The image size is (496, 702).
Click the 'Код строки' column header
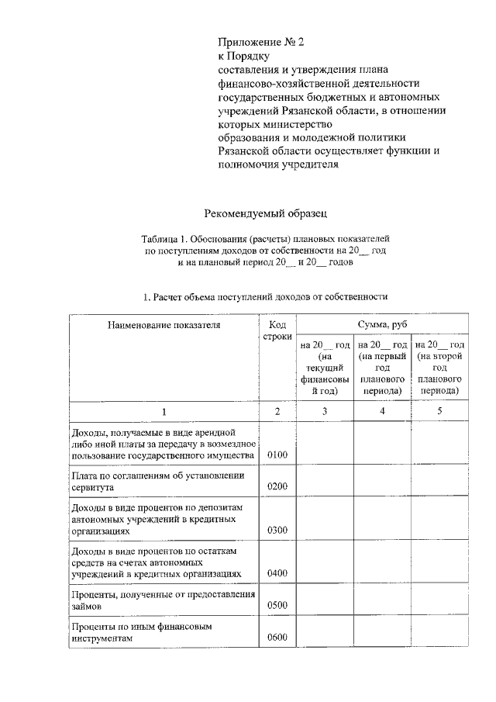(277, 331)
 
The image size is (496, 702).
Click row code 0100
(277, 454)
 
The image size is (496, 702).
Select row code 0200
(277, 486)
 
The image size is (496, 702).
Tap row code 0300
(277, 530)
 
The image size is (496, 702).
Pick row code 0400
(277, 573)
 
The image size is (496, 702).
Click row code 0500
(277, 605)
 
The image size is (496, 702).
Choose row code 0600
(277, 638)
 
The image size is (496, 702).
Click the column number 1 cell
(164, 411)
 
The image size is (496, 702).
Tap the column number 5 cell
(439, 411)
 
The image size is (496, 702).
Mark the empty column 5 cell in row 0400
(439, 562)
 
